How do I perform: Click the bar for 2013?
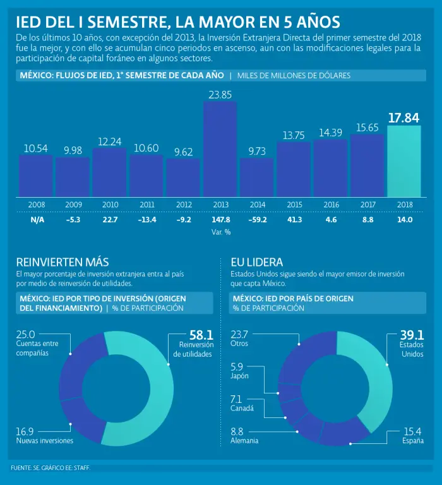point(220,148)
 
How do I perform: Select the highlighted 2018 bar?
point(404,161)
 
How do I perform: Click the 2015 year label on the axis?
point(294,205)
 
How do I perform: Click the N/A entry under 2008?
point(36,220)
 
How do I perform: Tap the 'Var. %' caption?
point(220,232)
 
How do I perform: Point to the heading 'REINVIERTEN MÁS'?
point(63,261)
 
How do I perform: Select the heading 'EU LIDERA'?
point(256,261)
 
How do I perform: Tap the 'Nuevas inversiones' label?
point(45,440)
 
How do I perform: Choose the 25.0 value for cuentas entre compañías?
point(25,335)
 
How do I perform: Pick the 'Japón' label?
point(240,376)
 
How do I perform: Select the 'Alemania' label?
point(244,440)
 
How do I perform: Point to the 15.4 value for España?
point(412,431)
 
